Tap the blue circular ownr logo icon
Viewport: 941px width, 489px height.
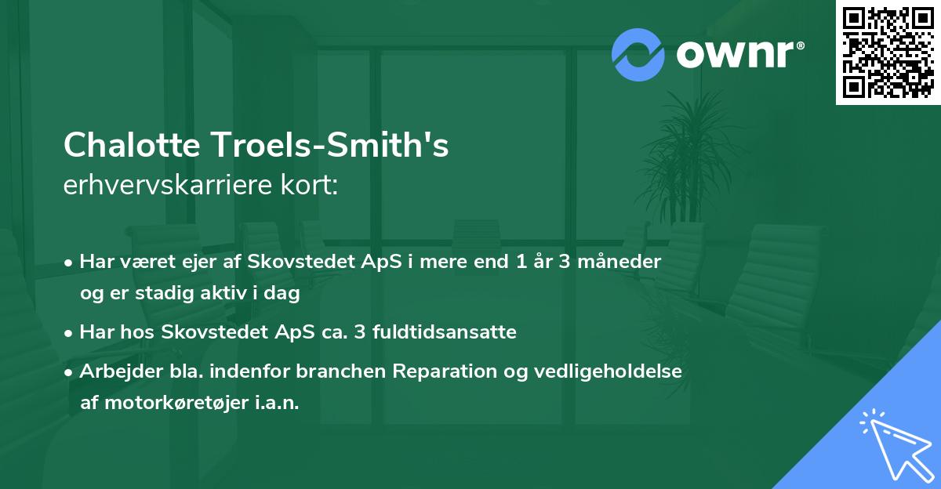pos(638,55)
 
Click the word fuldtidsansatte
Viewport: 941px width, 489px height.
pos(443,331)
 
